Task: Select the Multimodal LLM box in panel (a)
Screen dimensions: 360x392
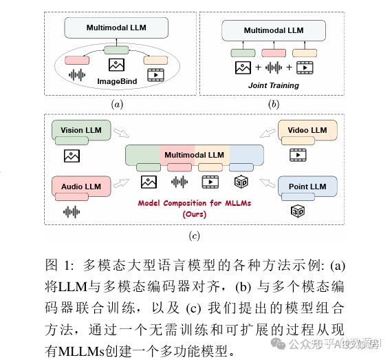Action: point(116,28)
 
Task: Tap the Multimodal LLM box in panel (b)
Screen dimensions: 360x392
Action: point(274,30)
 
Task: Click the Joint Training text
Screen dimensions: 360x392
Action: point(274,85)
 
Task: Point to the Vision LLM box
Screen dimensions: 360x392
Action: point(80,130)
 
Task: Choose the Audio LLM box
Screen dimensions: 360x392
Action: point(80,187)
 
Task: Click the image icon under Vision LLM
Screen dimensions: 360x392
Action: point(72,155)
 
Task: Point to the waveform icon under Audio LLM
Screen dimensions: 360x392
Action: point(72,211)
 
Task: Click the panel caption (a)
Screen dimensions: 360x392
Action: point(117,104)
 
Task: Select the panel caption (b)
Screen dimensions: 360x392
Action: point(274,104)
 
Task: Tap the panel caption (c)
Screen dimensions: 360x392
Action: point(195,235)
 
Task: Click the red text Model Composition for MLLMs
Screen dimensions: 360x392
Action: point(194,203)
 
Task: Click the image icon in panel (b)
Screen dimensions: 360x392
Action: point(242,68)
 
